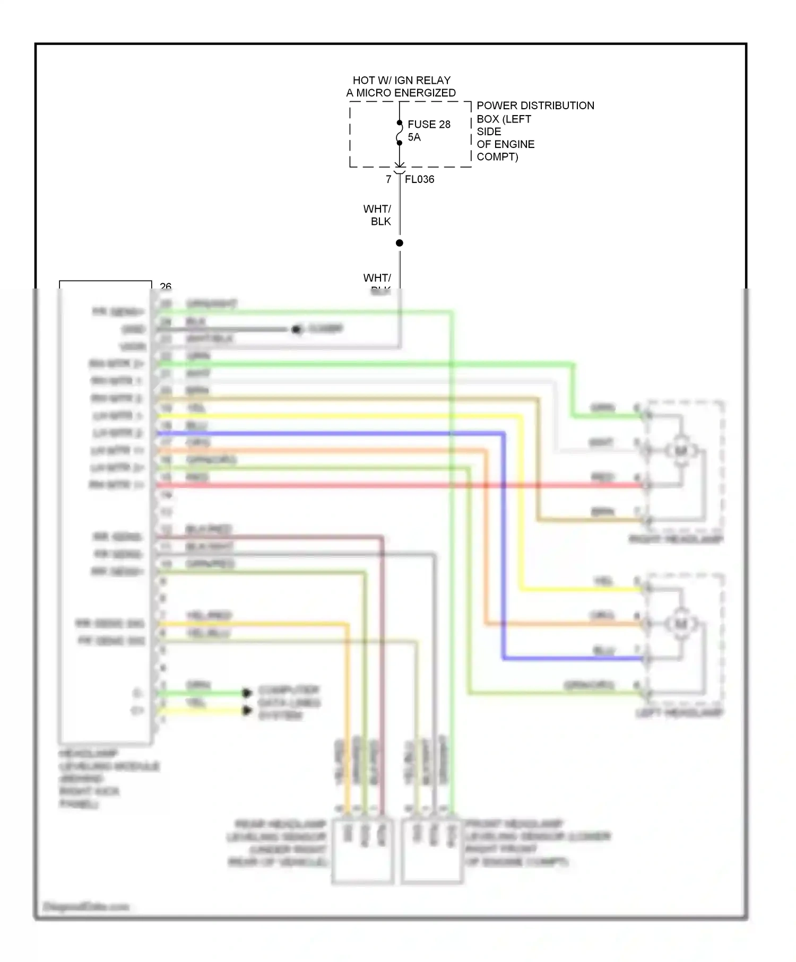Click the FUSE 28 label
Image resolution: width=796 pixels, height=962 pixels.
click(429, 124)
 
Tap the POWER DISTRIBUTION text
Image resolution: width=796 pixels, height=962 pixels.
click(535, 106)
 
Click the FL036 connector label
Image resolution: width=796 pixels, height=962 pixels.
click(419, 179)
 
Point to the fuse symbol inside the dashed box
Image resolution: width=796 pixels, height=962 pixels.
click(400, 133)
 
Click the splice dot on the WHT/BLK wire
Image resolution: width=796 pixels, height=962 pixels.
click(400, 243)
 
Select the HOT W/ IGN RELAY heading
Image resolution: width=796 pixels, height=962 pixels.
click(401, 81)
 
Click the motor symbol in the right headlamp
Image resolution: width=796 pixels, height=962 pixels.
click(680, 451)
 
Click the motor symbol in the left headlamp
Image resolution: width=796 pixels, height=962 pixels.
click(680, 624)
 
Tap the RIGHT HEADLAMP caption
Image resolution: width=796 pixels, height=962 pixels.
click(676, 539)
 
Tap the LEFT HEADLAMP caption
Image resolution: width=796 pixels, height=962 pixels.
click(679, 713)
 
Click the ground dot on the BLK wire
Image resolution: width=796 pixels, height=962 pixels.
click(296, 330)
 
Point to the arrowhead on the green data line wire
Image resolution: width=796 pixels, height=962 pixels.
click(247, 693)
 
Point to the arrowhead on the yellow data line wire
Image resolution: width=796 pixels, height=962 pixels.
click(247, 710)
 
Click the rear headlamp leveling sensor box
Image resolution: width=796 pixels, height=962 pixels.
click(363, 851)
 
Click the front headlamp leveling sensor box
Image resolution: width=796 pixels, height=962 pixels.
click(432, 851)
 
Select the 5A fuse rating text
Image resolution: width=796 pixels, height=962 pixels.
click(414, 137)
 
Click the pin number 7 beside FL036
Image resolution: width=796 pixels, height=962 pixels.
click(388, 179)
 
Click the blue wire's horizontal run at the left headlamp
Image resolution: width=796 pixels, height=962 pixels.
click(573, 659)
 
